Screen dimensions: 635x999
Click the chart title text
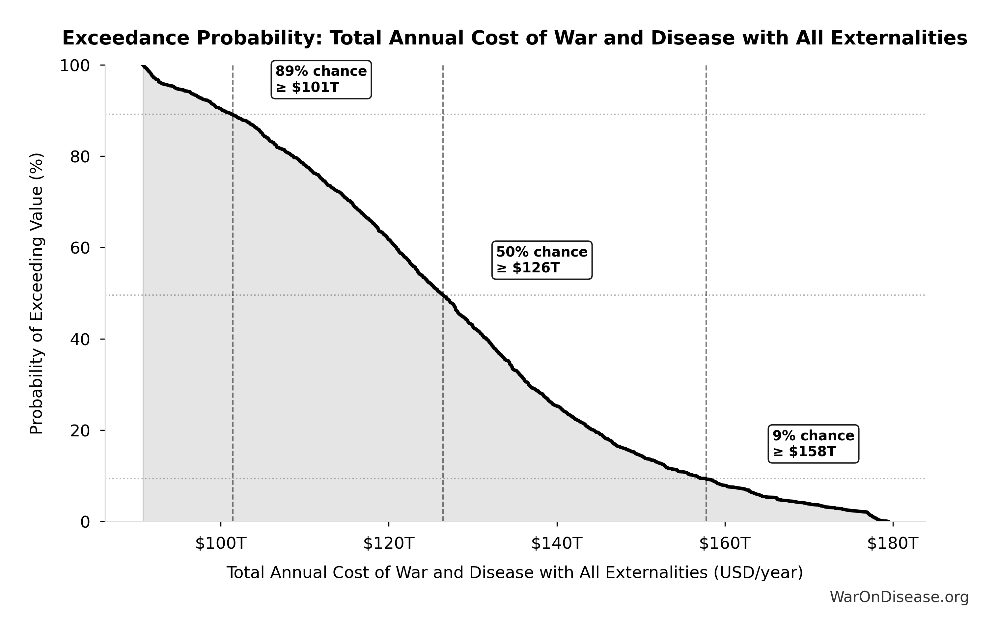pos(514,38)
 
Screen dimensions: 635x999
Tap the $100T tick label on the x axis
pos(221,543)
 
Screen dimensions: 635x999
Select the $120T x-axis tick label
pos(389,543)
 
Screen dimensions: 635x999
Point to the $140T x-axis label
pos(557,543)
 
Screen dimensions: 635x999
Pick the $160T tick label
pos(725,543)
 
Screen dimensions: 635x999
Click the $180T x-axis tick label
pos(893,543)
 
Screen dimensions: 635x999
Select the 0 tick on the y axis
pos(85,522)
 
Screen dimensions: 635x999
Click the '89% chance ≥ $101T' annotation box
pos(321,80)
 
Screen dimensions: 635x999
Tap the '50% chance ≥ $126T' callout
pos(542,260)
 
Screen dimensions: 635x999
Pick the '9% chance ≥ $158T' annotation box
pos(813,443)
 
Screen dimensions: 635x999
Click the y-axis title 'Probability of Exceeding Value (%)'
pos(37,294)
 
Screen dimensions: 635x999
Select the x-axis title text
pos(514,573)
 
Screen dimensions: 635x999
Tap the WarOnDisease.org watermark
pos(899,597)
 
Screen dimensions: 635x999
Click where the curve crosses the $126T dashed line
pos(443,295)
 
